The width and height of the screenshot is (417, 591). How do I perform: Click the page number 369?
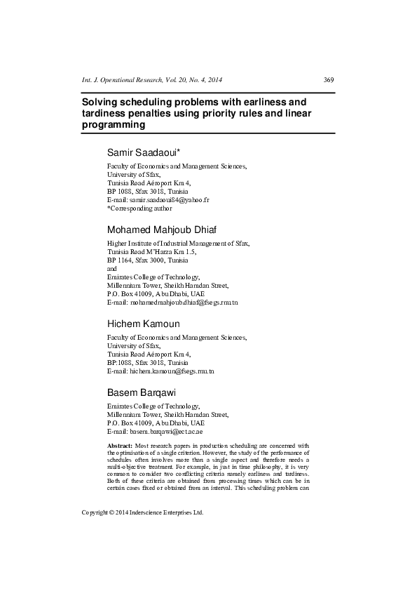[x=328, y=79]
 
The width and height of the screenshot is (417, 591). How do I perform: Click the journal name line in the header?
[x=153, y=79]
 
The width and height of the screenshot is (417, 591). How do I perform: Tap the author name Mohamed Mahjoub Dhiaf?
[x=168, y=230]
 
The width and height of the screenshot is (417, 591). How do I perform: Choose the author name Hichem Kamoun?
[x=143, y=324]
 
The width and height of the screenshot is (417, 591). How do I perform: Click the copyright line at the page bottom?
[x=143, y=512]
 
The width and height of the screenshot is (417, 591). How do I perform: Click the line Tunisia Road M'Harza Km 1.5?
[x=151, y=251]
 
